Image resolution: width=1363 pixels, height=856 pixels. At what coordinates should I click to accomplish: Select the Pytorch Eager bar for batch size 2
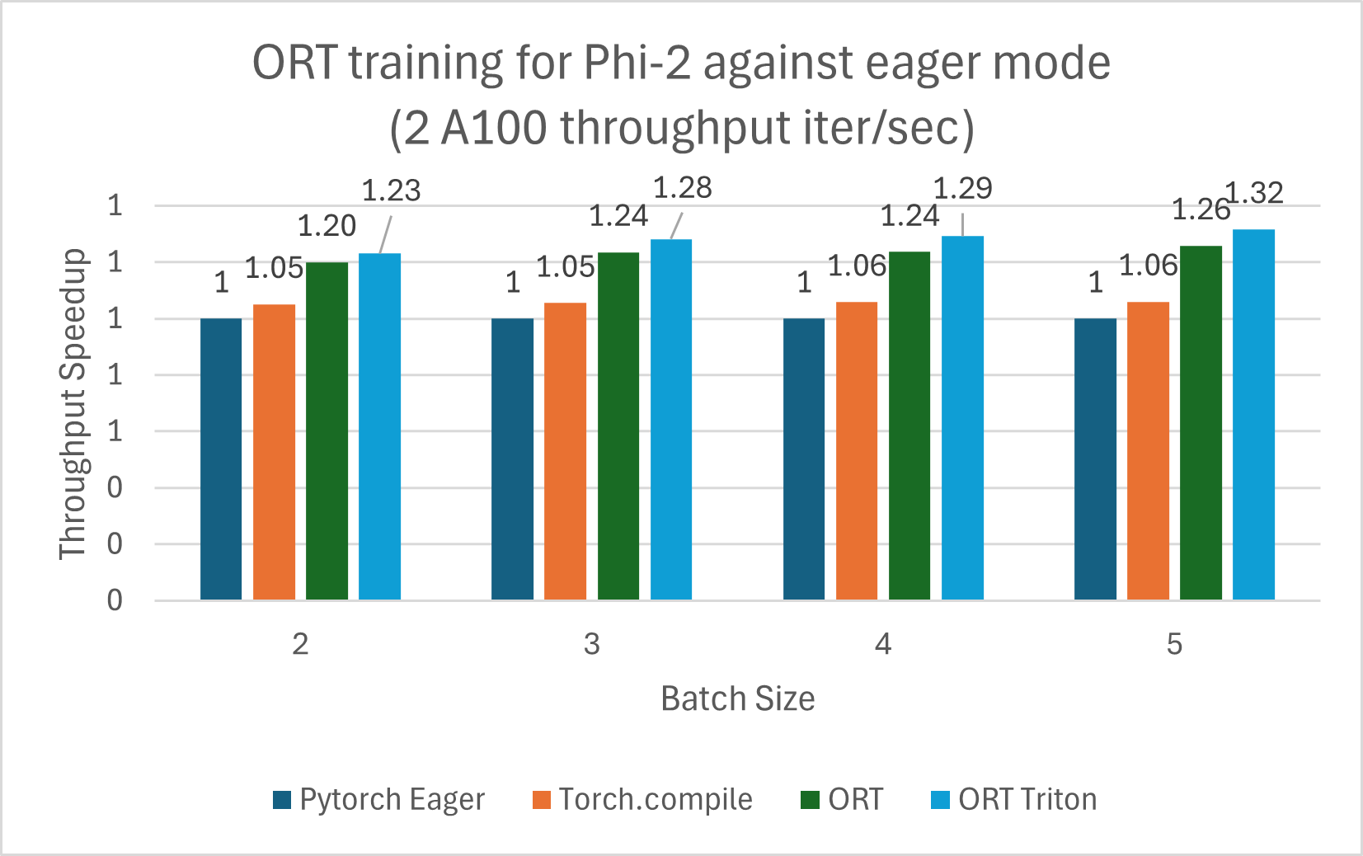[x=221, y=459]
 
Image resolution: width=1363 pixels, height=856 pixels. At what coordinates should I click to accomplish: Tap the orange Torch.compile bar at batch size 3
[x=565, y=451]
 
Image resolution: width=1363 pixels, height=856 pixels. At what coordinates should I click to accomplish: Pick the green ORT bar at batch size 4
[x=909, y=426]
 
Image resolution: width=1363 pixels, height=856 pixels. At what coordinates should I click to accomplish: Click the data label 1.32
[x=1255, y=193]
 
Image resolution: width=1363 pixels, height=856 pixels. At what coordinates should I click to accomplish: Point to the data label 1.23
[x=392, y=190]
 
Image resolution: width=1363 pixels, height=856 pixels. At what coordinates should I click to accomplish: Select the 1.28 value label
[x=682, y=188]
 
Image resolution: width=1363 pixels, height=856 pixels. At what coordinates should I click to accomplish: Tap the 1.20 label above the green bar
[x=327, y=226]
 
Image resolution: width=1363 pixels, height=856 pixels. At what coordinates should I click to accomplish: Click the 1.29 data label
[x=962, y=189]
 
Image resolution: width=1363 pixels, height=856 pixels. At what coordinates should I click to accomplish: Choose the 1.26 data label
[x=1201, y=210]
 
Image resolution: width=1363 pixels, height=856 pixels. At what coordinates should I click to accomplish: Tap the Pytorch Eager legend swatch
[x=282, y=800]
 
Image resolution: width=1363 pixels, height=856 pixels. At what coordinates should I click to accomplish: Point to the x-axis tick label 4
[x=883, y=643]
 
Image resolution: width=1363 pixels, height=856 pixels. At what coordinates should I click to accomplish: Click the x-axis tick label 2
[x=300, y=643]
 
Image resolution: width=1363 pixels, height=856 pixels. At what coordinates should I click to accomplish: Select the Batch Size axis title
[x=737, y=698]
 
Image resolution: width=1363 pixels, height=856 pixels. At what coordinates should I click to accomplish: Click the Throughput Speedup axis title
[x=73, y=403]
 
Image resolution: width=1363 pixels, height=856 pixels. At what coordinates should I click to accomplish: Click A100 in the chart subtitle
[x=492, y=128]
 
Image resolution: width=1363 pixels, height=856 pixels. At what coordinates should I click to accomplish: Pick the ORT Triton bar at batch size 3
[x=671, y=419]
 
